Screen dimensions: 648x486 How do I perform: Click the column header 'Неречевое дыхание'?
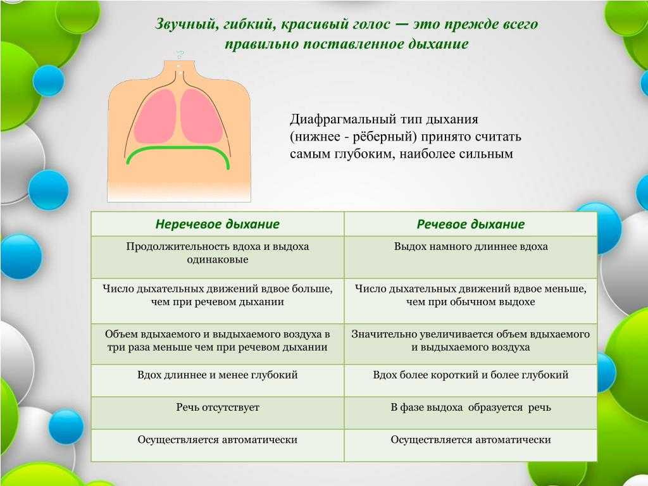pos(218,224)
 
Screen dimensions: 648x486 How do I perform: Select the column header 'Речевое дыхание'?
pos(471,224)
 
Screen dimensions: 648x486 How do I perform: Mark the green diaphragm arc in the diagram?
pos(178,148)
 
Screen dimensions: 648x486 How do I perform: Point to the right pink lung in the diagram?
pos(201,116)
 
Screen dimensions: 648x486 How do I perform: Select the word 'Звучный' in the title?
pos(185,25)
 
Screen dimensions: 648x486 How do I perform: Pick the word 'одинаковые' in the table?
pos(218,259)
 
